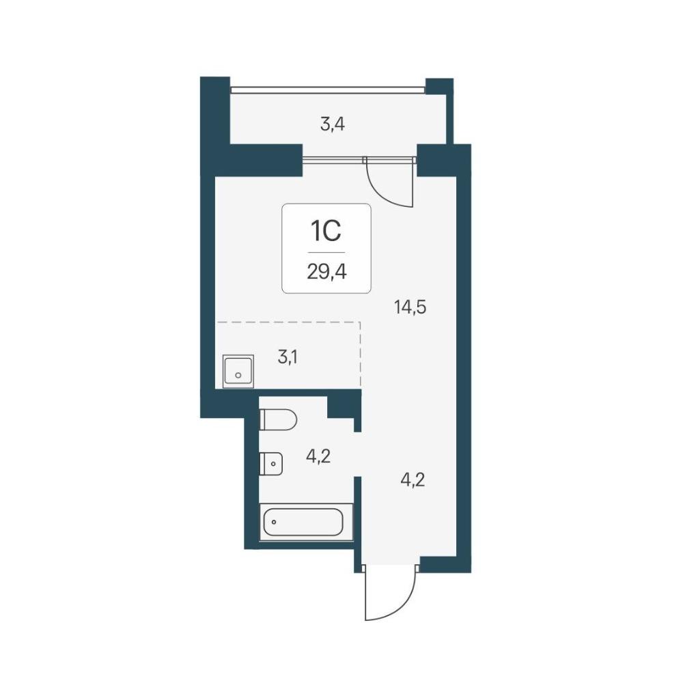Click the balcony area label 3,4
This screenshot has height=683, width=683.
click(333, 125)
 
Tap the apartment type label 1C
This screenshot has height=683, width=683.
click(325, 232)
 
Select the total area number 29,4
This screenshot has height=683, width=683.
click(326, 273)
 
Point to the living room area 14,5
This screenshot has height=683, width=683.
click(410, 307)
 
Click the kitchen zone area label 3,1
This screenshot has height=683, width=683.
click(288, 358)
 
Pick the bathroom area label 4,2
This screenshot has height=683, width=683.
click(318, 456)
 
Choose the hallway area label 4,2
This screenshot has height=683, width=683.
click(413, 480)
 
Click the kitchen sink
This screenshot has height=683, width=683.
click(238, 371)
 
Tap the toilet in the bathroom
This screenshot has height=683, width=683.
click(279, 420)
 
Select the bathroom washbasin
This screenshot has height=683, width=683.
click(271, 464)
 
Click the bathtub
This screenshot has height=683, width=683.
click(306, 522)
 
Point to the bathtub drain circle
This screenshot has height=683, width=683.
click(274, 522)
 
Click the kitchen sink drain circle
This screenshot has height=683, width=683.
click(238, 374)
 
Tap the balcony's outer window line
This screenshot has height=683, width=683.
click(328, 89)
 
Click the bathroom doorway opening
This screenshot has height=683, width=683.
click(358, 454)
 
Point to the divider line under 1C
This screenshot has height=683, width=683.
click(326, 252)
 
